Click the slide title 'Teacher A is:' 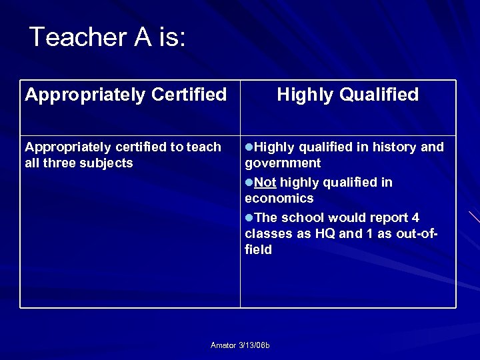pyautogui.click(x=107, y=37)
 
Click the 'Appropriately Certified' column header pyautogui.click(x=126, y=95)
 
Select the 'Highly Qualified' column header pyautogui.click(x=347, y=95)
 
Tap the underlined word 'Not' pyautogui.click(x=265, y=182)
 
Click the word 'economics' pyautogui.click(x=279, y=198)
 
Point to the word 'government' pyautogui.click(x=283, y=163)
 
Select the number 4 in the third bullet pyautogui.click(x=415, y=217)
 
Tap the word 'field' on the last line pyautogui.click(x=258, y=249)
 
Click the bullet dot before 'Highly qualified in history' pyautogui.click(x=249, y=147)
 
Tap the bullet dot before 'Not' pyautogui.click(x=249, y=183)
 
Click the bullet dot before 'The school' pyautogui.click(x=249, y=218)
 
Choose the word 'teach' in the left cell pyautogui.click(x=204, y=147)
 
